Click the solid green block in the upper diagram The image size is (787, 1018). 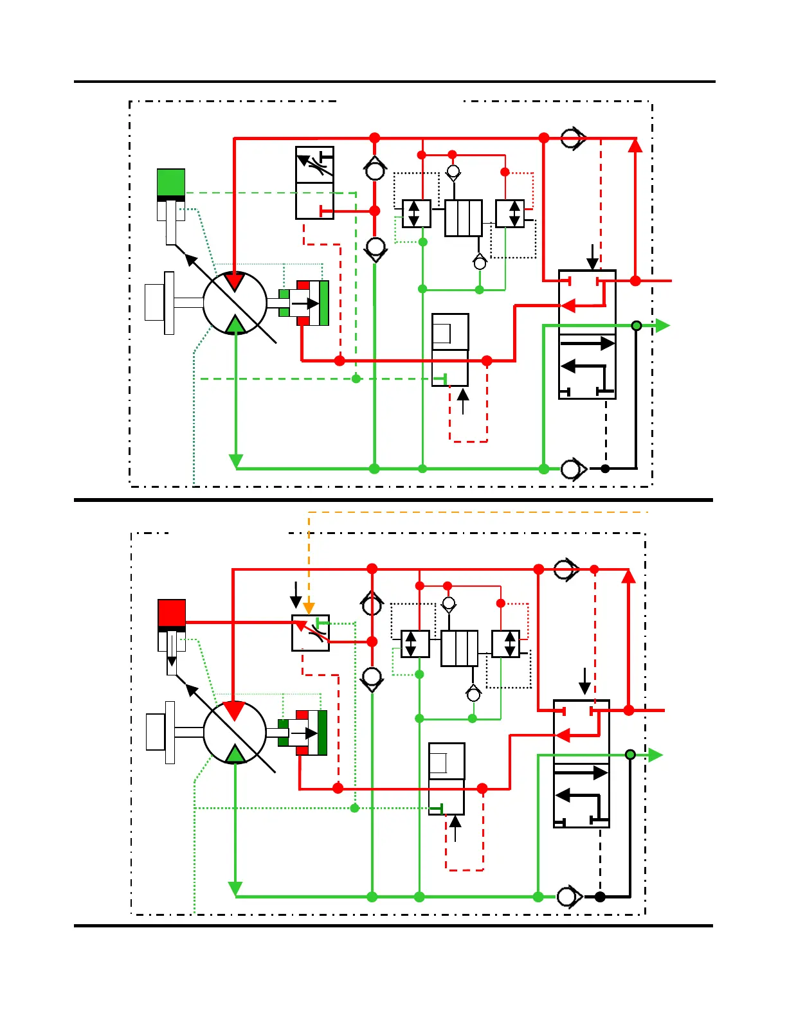[171, 183]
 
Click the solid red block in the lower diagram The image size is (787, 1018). [172, 612]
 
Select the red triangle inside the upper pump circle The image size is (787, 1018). [235, 281]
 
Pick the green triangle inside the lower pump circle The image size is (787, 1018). [235, 753]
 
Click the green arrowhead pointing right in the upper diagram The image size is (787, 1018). [662, 326]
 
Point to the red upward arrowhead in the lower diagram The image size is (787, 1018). [628, 576]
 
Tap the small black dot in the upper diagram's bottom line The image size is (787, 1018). [605, 469]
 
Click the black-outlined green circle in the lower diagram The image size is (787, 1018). [631, 755]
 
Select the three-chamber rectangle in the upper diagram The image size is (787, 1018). [463, 219]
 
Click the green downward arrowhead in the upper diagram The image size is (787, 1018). [236, 461]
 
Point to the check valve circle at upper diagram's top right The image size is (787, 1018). [570, 138]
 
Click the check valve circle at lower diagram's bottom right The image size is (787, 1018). [567, 896]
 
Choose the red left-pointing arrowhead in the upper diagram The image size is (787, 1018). [568, 306]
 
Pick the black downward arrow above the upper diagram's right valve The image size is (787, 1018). [592, 257]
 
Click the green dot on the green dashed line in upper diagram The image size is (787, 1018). [356, 379]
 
